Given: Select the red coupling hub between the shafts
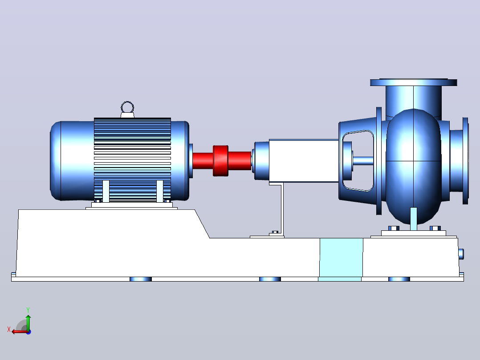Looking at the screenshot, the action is [x=221, y=161].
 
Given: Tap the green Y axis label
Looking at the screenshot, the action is [x=28, y=310].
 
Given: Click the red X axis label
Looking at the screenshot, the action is [x=9, y=329].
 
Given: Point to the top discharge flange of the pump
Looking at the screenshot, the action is [x=414, y=82].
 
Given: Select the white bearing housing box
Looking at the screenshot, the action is [x=304, y=161].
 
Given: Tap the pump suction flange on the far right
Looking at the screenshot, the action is [x=466, y=161].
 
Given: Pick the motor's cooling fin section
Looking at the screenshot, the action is [x=132, y=160].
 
